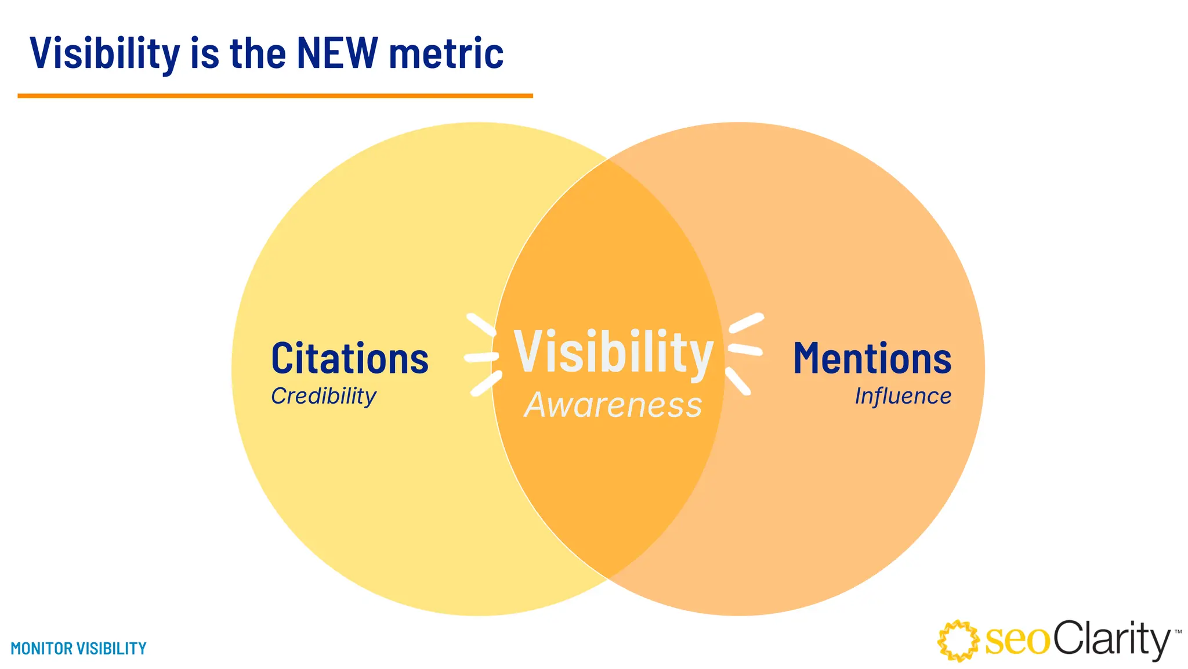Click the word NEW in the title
[337, 53]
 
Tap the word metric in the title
[446, 53]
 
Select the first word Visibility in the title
[105, 53]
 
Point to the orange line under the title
[275, 96]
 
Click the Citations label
[350, 359]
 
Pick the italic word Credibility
[324, 396]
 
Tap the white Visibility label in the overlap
[613, 353]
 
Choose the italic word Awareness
[613, 405]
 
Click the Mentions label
[872, 359]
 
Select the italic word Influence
[903, 396]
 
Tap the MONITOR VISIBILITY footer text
[79, 648]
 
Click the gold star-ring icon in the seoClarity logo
[958, 641]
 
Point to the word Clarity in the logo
[1111, 639]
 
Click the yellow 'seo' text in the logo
[1017, 641]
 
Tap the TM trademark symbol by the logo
[1178, 631]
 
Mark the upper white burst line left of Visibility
[481, 325]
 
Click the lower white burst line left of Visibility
[486, 384]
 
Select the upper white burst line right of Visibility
[746, 323]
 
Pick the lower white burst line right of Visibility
[738, 381]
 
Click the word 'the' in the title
[258, 53]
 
